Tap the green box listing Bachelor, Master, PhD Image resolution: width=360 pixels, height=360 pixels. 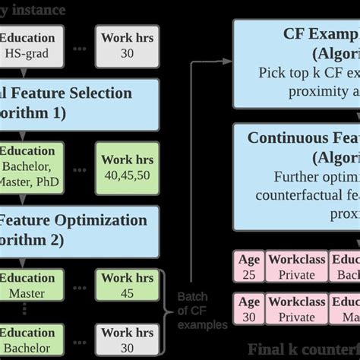pos(28,167)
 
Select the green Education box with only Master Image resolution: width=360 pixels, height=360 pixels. pos(28,286)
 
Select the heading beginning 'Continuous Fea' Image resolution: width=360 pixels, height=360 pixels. pos(304,138)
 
